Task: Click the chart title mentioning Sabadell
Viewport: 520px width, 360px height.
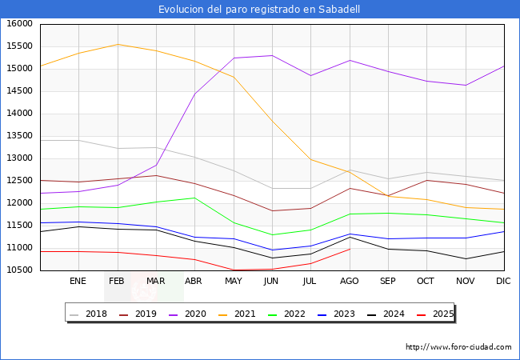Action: [259, 10]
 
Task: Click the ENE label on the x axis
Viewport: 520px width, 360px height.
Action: [78, 282]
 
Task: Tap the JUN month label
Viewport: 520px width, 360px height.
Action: [271, 282]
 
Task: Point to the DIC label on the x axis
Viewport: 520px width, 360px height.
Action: [503, 282]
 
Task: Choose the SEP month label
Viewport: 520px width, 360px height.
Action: [387, 282]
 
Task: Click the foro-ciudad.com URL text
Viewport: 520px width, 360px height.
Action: [458, 347]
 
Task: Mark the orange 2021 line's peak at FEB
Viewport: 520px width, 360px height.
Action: [117, 44]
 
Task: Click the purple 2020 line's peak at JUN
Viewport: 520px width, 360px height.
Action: [271, 55]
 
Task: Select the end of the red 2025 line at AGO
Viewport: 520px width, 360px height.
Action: [349, 249]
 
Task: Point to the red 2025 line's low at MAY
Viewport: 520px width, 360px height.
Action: [233, 270]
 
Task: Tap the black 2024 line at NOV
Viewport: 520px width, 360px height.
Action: [465, 258]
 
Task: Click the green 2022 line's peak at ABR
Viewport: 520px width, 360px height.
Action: [194, 198]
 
